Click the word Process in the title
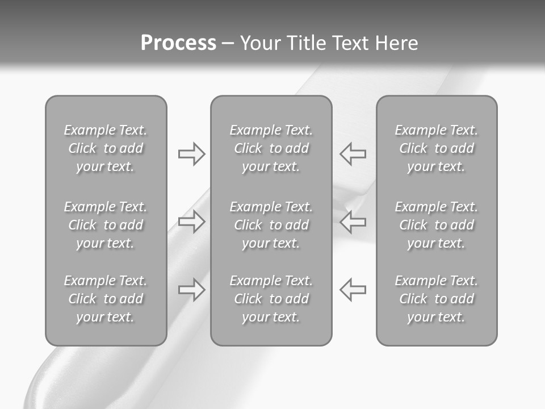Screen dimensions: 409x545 click(x=178, y=43)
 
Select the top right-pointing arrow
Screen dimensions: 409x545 click(x=191, y=154)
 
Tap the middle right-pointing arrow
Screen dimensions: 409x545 click(x=191, y=221)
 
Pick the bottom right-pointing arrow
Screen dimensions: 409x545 click(x=191, y=289)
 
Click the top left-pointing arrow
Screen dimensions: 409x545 click(x=353, y=153)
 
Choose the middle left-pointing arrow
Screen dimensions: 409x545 click(x=353, y=221)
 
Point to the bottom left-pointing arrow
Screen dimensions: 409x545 click(x=353, y=289)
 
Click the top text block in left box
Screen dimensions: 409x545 click(x=106, y=148)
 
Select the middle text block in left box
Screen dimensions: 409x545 click(x=106, y=225)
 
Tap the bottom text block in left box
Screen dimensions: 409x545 click(x=106, y=299)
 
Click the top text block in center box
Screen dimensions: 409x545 click(x=271, y=148)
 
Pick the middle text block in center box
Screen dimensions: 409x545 click(x=271, y=225)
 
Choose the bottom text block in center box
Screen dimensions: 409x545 click(x=271, y=299)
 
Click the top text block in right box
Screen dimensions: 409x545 click(x=436, y=148)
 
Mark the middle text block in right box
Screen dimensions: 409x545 click(x=436, y=225)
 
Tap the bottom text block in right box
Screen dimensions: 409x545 click(x=436, y=299)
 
